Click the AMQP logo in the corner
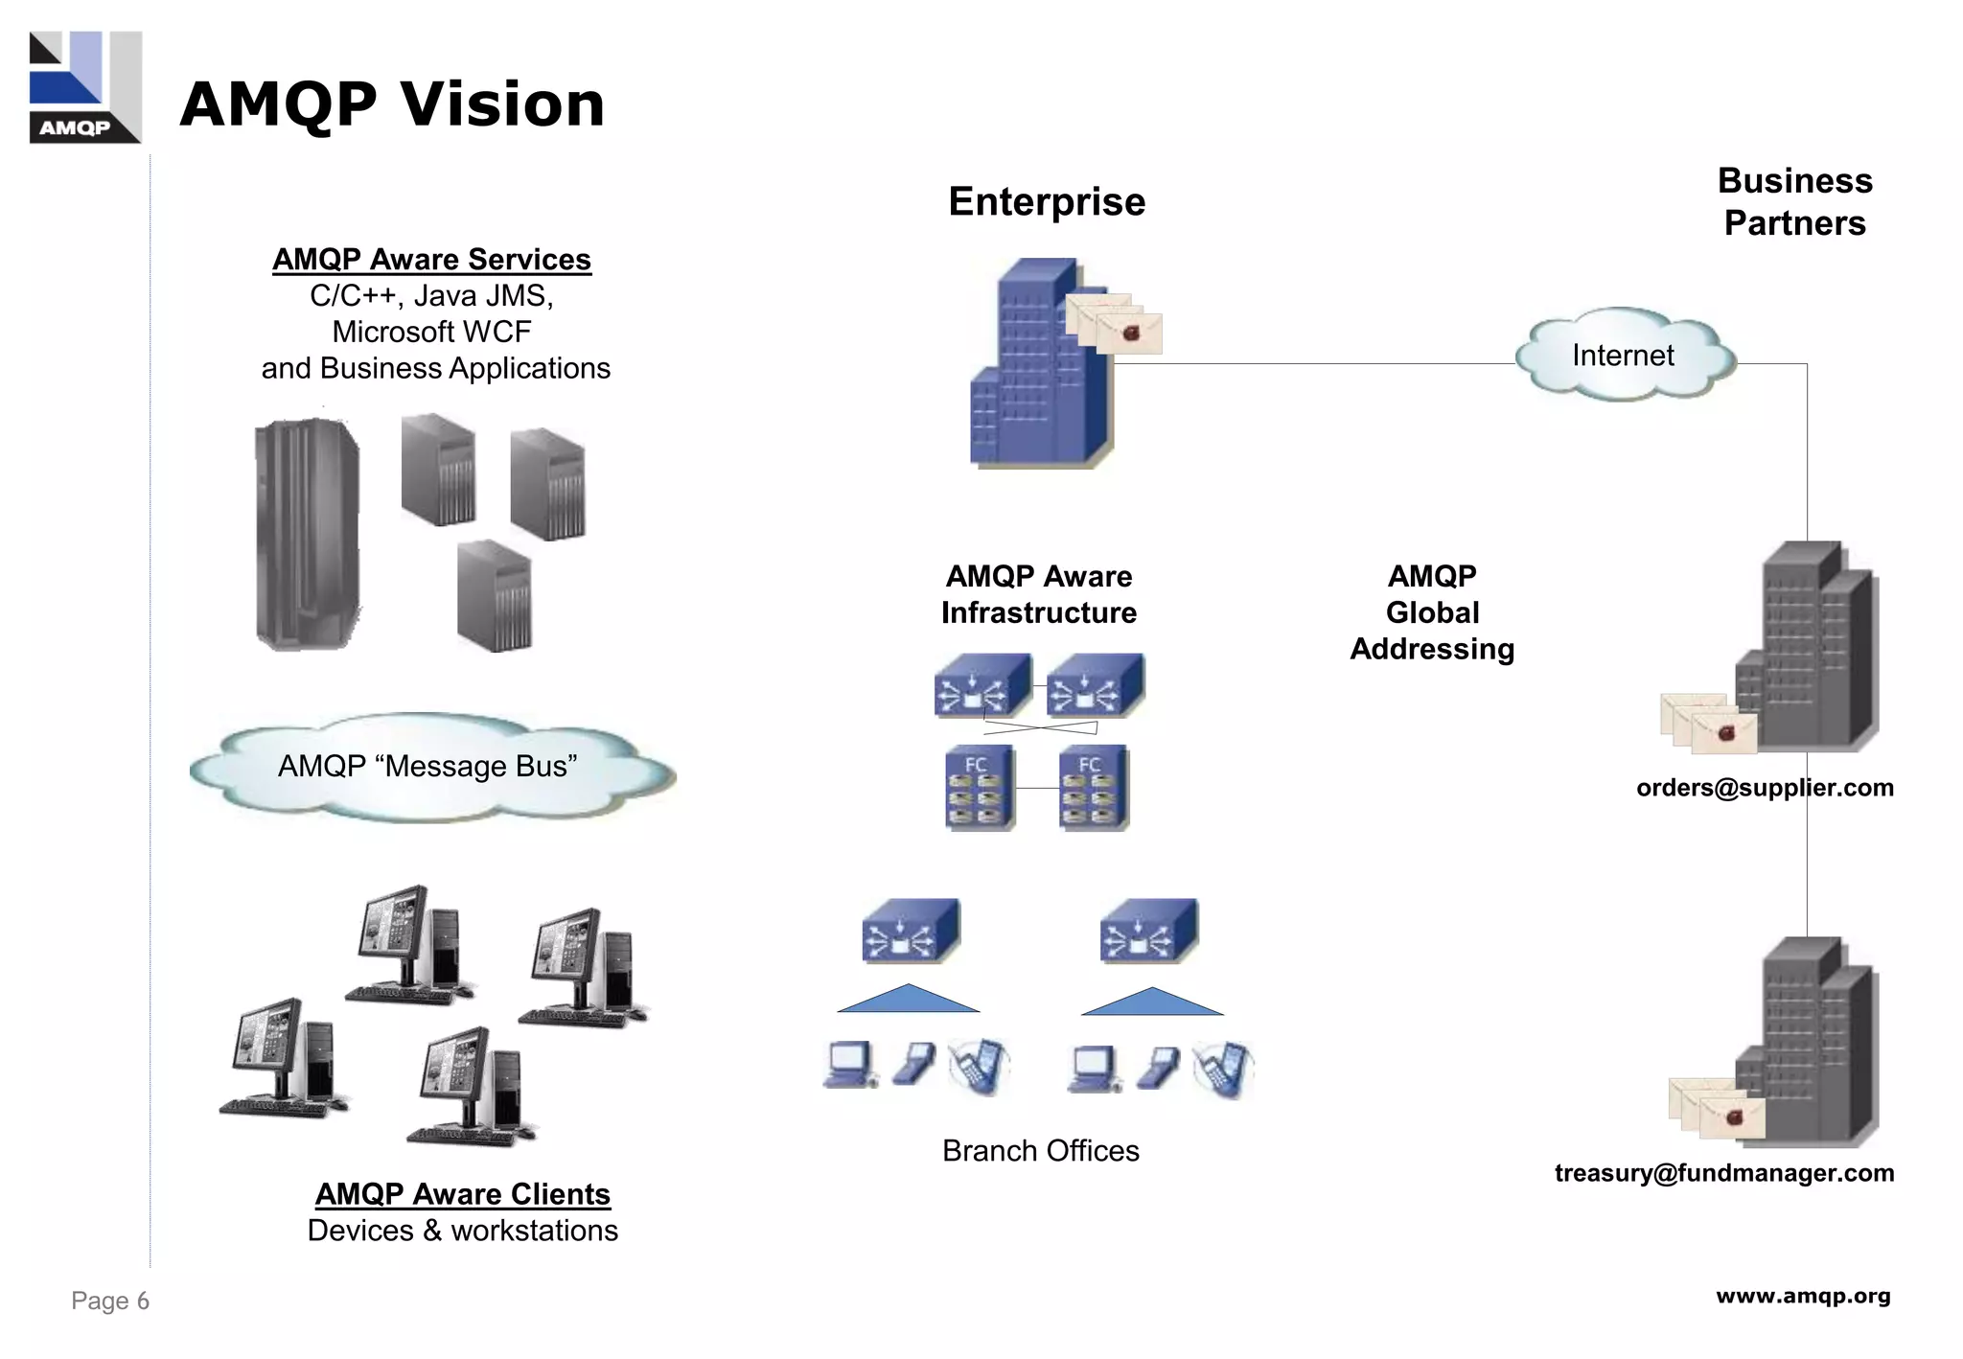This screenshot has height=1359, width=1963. (x=85, y=87)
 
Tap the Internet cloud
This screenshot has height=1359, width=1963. (x=1623, y=356)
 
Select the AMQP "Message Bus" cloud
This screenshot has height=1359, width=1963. (x=428, y=767)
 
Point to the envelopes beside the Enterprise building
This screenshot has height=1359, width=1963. (x=1115, y=324)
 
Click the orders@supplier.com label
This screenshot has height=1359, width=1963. (x=1764, y=788)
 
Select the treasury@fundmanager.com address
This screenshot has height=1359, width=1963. (x=1723, y=1173)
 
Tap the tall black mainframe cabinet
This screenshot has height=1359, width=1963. (x=307, y=534)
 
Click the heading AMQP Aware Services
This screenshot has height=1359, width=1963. (x=431, y=260)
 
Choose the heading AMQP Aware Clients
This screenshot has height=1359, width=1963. (x=462, y=1194)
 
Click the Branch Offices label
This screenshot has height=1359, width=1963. (x=1040, y=1151)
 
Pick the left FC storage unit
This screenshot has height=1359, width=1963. (x=978, y=788)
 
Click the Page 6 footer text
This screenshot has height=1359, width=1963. (x=110, y=1301)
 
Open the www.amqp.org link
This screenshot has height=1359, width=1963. (x=1802, y=1296)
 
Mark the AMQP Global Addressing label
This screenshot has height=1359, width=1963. (x=1432, y=612)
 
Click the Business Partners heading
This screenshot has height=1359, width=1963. (x=1794, y=202)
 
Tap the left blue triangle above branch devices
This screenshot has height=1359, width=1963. (x=908, y=1000)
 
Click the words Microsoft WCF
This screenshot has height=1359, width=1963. (x=431, y=332)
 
